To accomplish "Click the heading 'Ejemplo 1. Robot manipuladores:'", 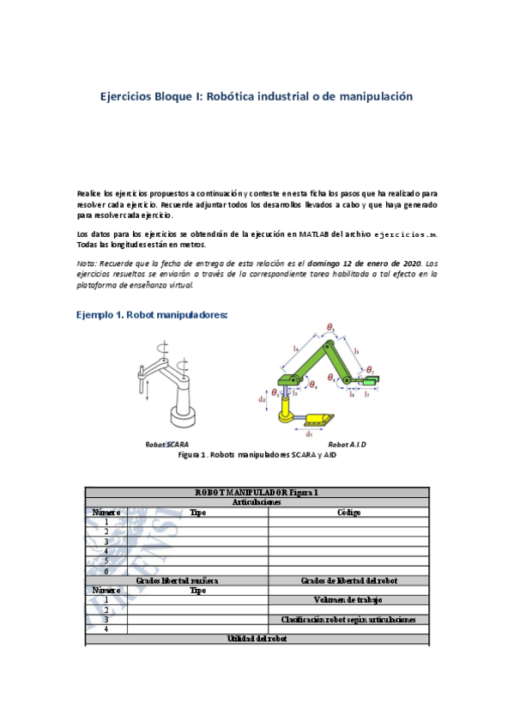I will pyautogui.click(x=152, y=315).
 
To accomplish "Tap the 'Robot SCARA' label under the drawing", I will pyautogui.click(x=166, y=444).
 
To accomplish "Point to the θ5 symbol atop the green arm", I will pyautogui.click(x=331, y=326).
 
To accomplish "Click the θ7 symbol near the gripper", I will pyautogui.click(x=370, y=370).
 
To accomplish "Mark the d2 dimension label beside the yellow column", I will pyautogui.click(x=263, y=399).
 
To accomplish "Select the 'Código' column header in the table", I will pyautogui.click(x=348, y=513).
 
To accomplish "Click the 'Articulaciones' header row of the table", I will pyautogui.click(x=257, y=503).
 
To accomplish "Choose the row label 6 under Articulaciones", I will pyautogui.click(x=106, y=571).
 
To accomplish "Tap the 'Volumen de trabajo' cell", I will pyautogui.click(x=348, y=599).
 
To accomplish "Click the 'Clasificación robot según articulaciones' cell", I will pyautogui.click(x=348, y=619).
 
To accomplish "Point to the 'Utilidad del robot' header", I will pyautogui.click(x=257, y=639).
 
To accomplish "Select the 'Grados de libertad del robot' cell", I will pyautogui.click(x=348, y=580).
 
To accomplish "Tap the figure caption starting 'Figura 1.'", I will pyautogui.click(x=257, y=455).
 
